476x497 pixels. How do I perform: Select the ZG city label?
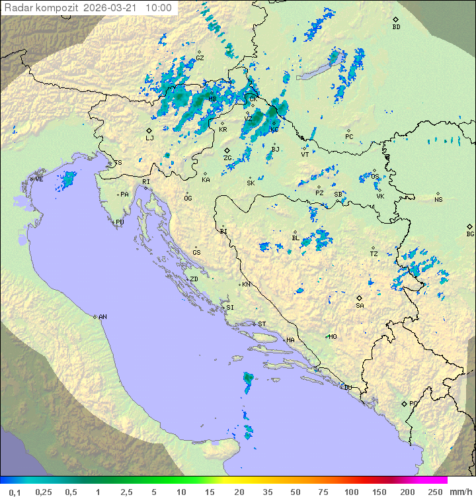(x=227, y=158)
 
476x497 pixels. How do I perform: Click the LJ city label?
(x=149, y=138)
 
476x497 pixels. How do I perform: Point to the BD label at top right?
(x=396, y=27)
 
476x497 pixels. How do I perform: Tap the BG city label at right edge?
(x=470, y=234)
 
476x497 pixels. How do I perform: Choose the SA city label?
(x=360, y=305)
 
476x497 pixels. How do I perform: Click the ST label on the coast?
(x=262, y=324)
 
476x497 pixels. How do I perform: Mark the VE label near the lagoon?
(x=39, y=179)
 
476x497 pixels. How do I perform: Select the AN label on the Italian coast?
(x=102, y=317)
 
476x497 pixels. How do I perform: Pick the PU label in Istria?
(x=120, y=222)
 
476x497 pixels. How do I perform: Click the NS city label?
(x=438, y=199)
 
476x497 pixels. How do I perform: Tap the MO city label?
(x=333, y=337)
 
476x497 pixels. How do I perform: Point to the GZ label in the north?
(x=200, y=58)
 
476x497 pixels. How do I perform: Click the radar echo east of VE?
(x=68, y=179)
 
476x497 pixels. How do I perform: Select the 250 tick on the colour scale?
(x=434, y=492)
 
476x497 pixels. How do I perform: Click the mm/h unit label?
(x=459, y=492)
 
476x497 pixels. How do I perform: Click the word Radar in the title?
(x=17, y=8)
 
